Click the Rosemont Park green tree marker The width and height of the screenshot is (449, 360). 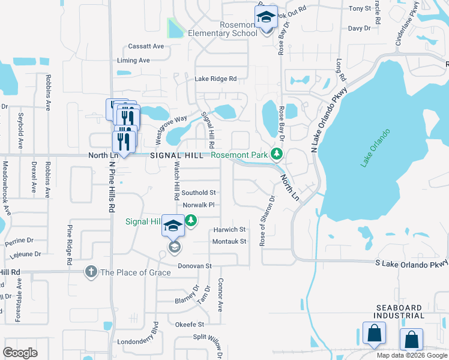[x=276, y=155]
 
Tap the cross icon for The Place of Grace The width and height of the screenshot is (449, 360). [x=91, y=272]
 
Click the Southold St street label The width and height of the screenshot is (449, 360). [x=199, y=193]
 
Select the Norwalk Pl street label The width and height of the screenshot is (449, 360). [x=199, y=205]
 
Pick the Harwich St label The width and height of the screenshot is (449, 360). [x=230, y=230]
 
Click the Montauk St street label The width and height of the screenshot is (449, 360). [x=230, y=241]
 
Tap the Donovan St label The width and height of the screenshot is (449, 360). [x=195, y=265]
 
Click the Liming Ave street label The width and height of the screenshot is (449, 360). [x=134, y=61]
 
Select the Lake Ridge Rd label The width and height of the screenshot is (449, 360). [x=215, y=79]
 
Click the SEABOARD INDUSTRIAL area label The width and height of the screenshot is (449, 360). [x=400, y=311]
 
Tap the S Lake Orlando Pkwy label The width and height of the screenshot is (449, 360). [x=412, y=263]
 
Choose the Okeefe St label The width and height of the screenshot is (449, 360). [x=190, y=324]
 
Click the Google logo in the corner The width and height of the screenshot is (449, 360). [x=20, y=353]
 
